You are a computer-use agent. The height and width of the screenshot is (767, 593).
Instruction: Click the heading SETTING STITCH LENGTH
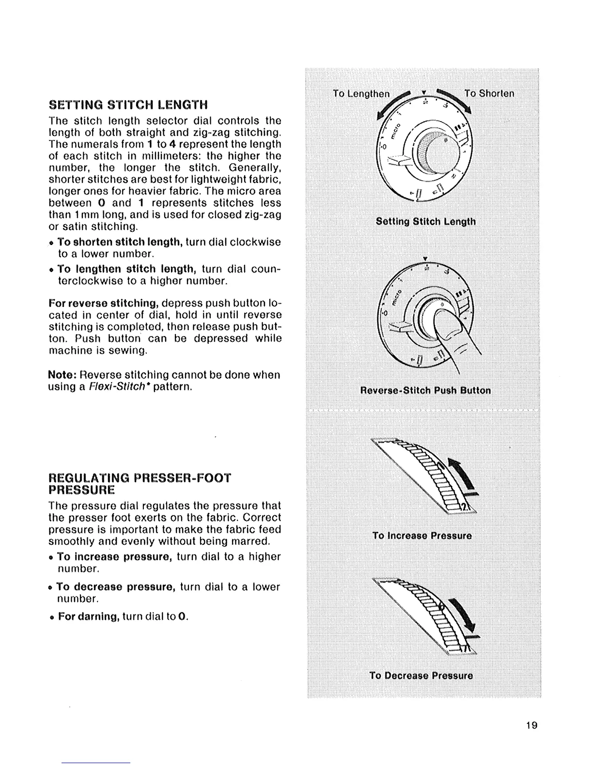point(128,105)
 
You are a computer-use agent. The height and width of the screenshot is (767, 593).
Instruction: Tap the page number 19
point(531,725)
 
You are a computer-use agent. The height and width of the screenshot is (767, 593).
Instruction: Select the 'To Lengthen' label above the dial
point(360,93)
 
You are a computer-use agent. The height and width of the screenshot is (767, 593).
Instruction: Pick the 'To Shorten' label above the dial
point(489,93)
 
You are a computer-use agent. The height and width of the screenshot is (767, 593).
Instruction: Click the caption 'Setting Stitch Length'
point(426,222)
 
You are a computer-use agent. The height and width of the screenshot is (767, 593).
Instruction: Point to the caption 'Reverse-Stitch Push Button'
point(426,390)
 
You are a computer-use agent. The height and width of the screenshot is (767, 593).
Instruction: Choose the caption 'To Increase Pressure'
point(422,536)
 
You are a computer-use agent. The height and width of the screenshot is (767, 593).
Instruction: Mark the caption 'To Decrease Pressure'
point(421,675)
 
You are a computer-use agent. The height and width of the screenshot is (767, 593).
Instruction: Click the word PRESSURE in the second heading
point(81,490)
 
